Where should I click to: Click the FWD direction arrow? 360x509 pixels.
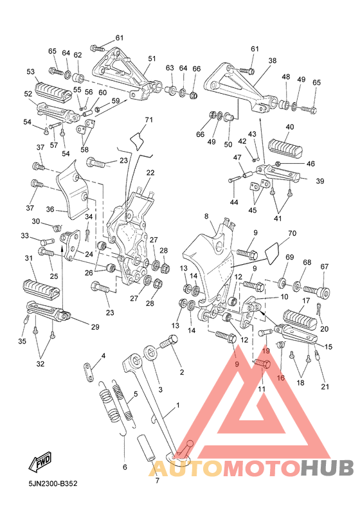(x=40, y=461)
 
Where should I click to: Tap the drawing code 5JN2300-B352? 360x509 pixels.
(x=53, y=484)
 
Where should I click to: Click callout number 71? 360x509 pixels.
(x=148, y=120)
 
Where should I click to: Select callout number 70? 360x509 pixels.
(x=292, y=233)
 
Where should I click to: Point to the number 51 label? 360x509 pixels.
(x=152, y=58)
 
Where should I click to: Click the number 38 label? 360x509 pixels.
(x=273, y=60)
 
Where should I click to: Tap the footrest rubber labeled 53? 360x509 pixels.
(x=53, y=89)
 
